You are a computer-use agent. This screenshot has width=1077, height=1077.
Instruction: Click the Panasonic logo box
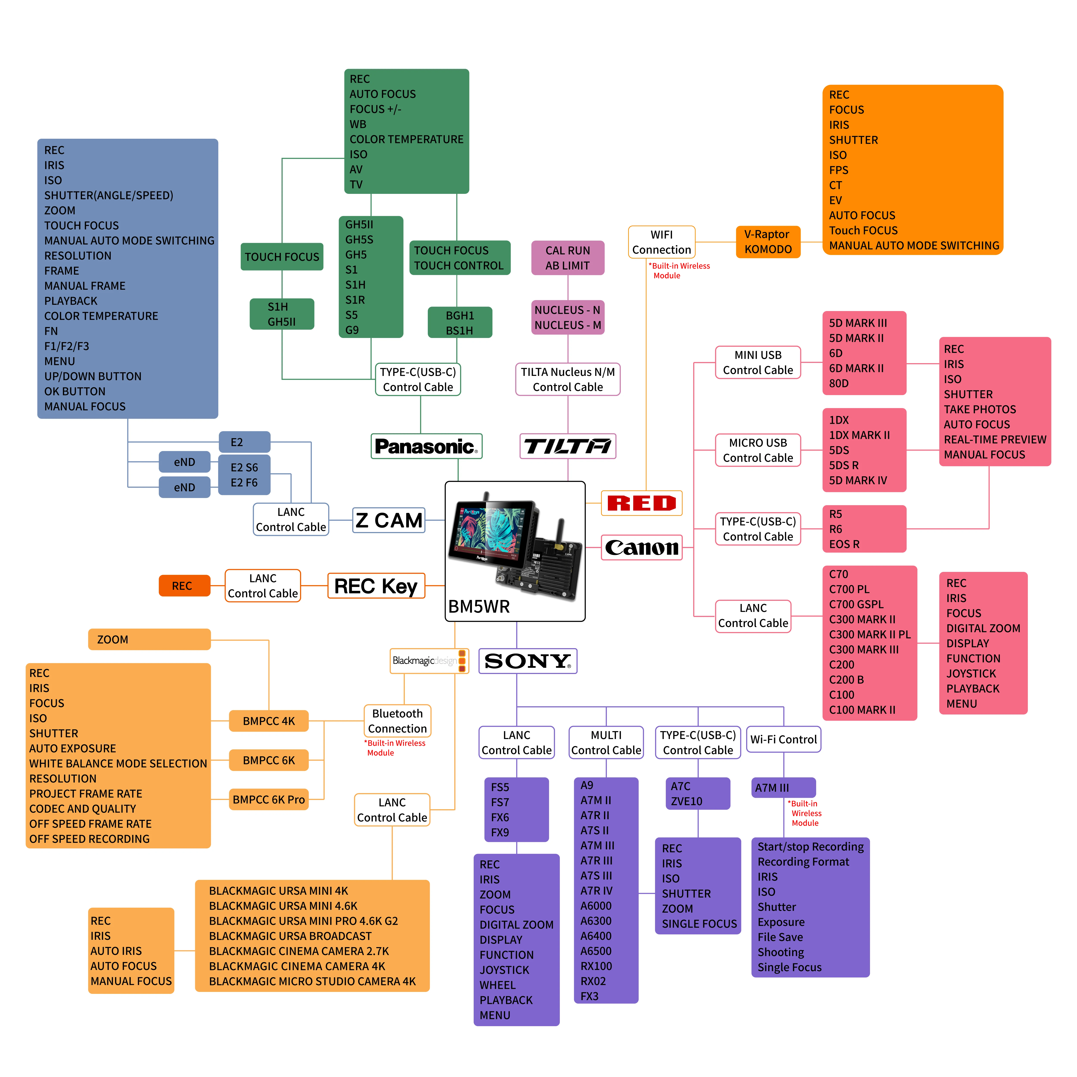(426, 446)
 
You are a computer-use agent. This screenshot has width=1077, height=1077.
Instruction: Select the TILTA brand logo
(568, 446)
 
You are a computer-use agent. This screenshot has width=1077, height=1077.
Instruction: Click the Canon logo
(642, 547)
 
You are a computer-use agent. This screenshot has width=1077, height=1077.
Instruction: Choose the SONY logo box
(527, 661)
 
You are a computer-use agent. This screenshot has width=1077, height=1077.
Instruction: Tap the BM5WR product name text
(479, 607)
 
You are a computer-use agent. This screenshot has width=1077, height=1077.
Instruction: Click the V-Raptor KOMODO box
(768, 242)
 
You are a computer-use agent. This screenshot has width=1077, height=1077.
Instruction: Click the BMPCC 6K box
(269, 760)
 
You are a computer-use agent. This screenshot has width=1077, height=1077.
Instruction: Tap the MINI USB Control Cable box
(758, 362)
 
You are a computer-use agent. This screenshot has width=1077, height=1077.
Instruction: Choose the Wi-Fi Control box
(783, 739)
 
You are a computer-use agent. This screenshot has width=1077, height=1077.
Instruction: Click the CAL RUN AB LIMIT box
(568, 258)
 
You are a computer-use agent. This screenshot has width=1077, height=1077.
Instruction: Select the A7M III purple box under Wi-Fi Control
(783, 788)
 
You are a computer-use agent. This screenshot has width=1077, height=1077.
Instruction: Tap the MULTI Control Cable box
(606, 742)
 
